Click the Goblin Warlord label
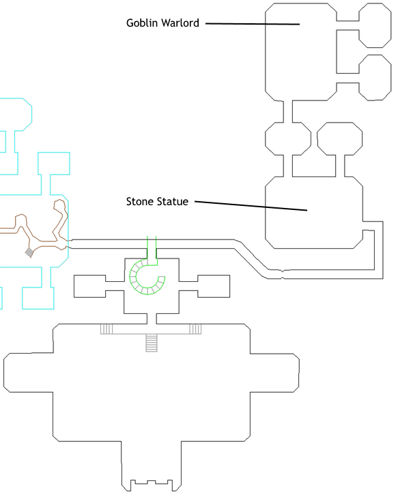(162, 23)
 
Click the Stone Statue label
(157, 201)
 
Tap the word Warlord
(180, 23)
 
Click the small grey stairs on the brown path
(29, 252)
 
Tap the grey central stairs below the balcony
(152, 343)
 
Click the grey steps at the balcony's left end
(106, 329)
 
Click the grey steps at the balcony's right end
(195, 329)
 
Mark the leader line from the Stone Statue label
(251, 205)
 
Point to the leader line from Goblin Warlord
(253, 23)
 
